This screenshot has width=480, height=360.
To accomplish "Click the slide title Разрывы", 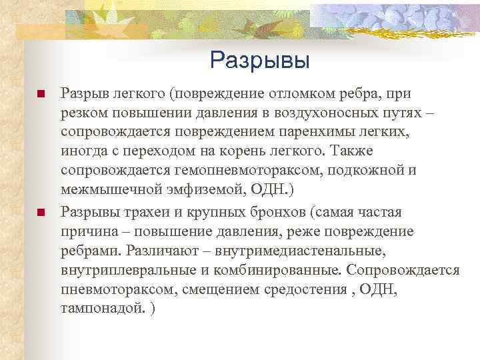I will [260, 61].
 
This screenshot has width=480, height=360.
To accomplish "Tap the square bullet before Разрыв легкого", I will [40, 94].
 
